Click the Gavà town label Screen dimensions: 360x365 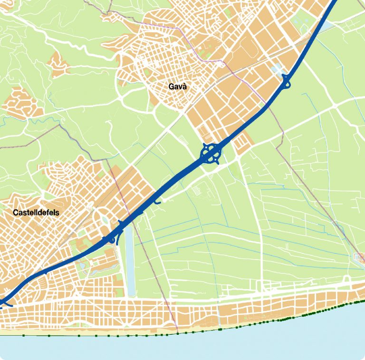click(x=178, y=87)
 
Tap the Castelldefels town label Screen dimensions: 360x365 click(x=36, y=213)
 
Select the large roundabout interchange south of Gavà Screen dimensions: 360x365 click(x=211, y=154)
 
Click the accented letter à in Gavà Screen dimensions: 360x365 click(x=185, y=87)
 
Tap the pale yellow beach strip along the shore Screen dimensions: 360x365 click(x=143, y=331)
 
